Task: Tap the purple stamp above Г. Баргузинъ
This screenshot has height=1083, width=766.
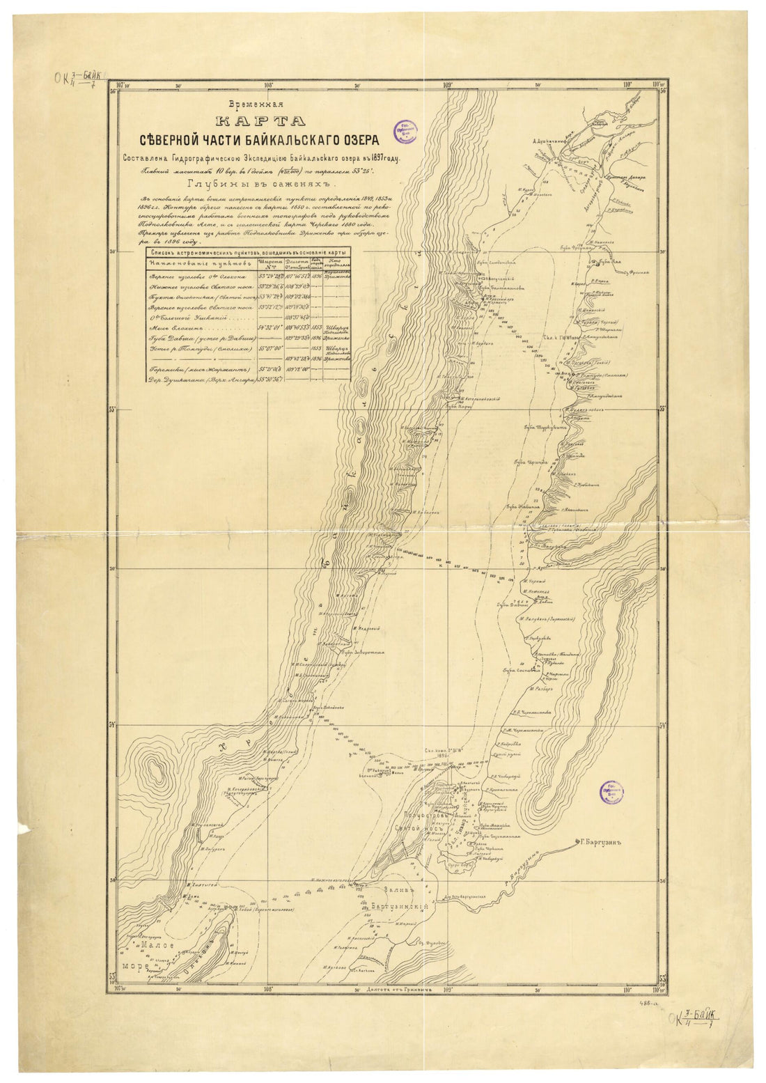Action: [613, 792]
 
